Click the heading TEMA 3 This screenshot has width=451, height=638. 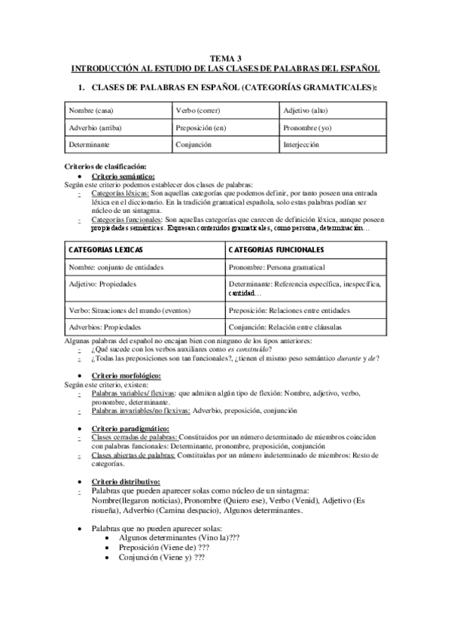click(226, 57)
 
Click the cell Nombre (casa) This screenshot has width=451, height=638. click(91, 111)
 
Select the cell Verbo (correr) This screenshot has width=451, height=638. click(197, 111)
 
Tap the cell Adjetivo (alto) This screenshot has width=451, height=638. click(306, 111)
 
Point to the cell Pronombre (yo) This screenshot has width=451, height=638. click(307, 128)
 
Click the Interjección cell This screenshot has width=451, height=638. click(301, 145)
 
